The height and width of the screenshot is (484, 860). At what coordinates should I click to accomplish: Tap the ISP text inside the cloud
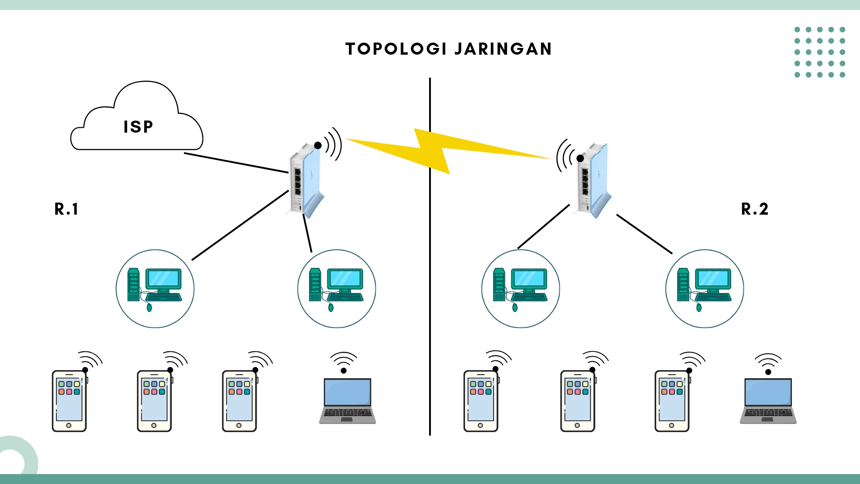pyautogui.click(x=138, y=127)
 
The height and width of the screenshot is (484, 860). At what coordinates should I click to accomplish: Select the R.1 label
pyautogui.click(x=66, y=209)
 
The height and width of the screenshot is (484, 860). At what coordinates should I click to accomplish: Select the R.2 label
pyautogui.click(x=755, y=209)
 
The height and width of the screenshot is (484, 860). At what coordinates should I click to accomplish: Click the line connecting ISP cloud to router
pyautogui.click(x=236, y=163)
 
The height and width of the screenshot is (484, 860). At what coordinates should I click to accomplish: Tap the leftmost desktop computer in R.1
pyautogui.click(x=155, y=289)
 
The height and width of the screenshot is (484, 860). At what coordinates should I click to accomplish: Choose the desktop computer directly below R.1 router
pyautogui.click(x=337, y=289)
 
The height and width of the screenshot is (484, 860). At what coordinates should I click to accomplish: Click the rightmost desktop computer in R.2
pyautogui.click(x=705, y=289)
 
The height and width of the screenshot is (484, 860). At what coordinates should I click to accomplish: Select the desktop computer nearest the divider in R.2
pyautogui.click(x=520, y=289)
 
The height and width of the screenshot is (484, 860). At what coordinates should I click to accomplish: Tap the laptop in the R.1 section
pyautogui.click(x=348, y=401)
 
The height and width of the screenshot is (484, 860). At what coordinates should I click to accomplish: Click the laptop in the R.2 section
pyautogui.click(x=768, y=401)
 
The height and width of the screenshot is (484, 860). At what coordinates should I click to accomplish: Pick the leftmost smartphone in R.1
pyautogui.click(x=69, y=401)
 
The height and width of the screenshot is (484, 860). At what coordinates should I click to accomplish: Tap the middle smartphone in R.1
pyautogui.click(x=154, y=401)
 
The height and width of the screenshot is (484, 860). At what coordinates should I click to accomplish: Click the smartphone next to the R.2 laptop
pyautogui.click(x=672, y=401)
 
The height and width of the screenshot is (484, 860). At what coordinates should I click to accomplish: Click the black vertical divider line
pyautogui.click(x=430, y=291)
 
